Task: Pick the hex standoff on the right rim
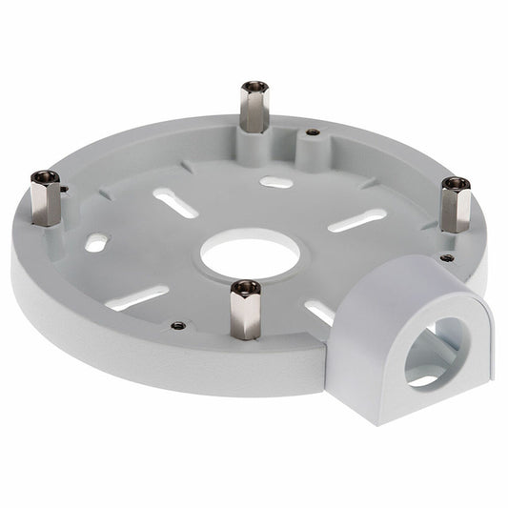(x=454, y=204)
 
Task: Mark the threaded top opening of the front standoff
(x=246, y=285)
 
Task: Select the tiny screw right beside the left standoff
(x=64, y=189)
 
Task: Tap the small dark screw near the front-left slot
(x=178, y=325)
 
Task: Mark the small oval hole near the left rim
(x=96, y=243)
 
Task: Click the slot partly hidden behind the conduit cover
(x=320, y=311)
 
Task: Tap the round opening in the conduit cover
(x=437, y=351)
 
